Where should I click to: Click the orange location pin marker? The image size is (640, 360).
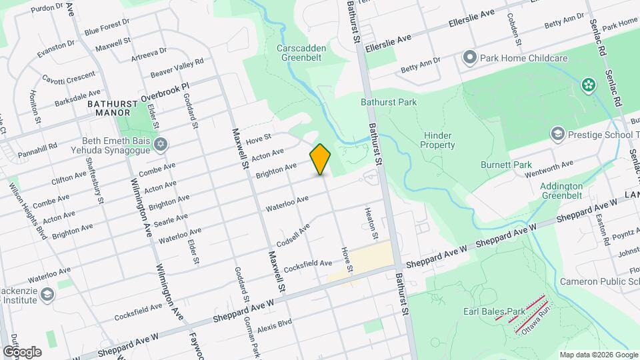[x=321, y=159]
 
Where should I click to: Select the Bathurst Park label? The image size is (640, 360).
[x=389, y=102]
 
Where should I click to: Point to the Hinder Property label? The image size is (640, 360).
[x=438, y=140]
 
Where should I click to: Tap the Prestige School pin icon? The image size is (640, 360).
[x=557, y=135]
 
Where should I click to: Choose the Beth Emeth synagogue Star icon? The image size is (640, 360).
[x=160, y=145]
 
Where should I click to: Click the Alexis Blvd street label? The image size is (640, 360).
[x=275, y=323]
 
